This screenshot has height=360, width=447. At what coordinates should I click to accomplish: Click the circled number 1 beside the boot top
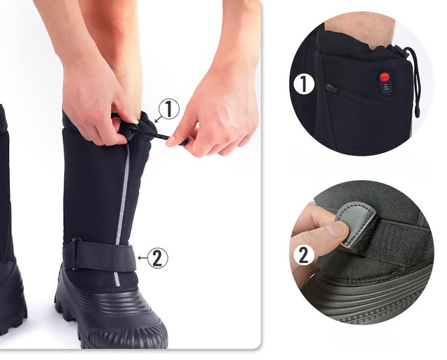click(169, 109)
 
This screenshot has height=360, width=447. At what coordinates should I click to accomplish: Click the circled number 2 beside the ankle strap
click(158, 257)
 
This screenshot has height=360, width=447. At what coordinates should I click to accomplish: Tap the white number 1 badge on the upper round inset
click(305, 84)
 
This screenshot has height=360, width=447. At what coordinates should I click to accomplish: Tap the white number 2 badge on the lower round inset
click(304, 255)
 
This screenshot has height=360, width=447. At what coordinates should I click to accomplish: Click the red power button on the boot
click(385, 77)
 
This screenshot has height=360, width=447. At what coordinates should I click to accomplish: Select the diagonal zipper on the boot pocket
click(355, 96)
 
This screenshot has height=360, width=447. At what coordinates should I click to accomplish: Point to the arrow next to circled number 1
click(159, 119)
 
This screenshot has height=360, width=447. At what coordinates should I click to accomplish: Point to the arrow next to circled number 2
click(142, 258)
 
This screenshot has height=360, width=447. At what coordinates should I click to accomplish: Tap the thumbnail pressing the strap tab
click(337, 230)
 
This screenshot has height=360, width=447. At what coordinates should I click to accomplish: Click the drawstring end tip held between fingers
click(183, 141)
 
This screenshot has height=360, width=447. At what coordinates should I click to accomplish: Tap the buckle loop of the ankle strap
click(76, 254)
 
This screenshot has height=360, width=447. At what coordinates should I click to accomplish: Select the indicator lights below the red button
click(385, 88)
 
